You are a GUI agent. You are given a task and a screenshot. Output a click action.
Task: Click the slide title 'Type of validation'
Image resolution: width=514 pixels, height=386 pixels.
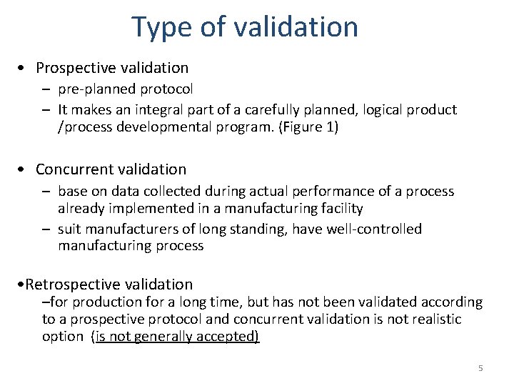pyautogui.click(x=245, y=27)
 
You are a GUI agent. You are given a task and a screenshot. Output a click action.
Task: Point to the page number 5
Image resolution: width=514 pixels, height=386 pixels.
pyautogui.click(x=480, y=368)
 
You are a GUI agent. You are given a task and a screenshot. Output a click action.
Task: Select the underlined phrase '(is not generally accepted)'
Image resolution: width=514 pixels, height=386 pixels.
pyautogui.click(x=175, y=336)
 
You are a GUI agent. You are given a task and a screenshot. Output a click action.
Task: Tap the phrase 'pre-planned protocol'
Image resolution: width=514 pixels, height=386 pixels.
pyautogui.click(x=126, y=89)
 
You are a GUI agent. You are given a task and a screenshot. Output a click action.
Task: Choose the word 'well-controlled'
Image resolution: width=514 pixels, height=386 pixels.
pyautogui.click(x=374, y=229)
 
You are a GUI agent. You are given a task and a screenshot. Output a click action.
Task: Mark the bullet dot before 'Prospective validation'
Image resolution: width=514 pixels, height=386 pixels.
pyautogui.click(x=24, y=69)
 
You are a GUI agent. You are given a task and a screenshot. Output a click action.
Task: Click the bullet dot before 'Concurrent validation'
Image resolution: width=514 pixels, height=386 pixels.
pyautogui.click(x=24, y=170)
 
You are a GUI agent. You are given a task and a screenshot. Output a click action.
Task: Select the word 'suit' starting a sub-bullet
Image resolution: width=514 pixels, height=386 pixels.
pyautogui.click(x=69, y=229)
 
